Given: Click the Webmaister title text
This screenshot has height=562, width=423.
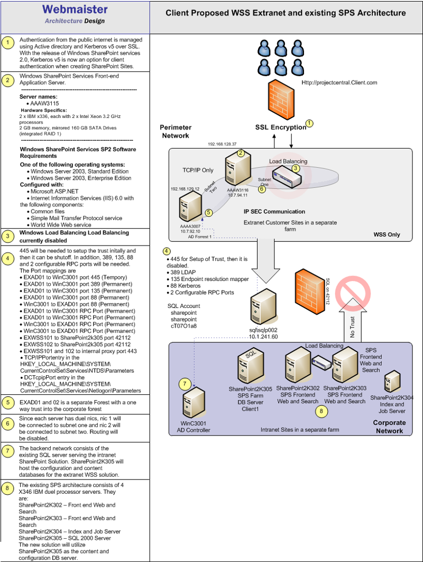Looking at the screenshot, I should tap(75, 10).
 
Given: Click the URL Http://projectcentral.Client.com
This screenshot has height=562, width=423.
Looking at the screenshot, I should tap(339, 83).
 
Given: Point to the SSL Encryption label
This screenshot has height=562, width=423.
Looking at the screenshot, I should tap(281, 127).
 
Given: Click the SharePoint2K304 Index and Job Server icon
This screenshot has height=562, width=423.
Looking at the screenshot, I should tap(392, 382).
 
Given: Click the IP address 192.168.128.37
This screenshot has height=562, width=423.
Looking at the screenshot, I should tap(222, 144).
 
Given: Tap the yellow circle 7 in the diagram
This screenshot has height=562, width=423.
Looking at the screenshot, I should tap(184, 383).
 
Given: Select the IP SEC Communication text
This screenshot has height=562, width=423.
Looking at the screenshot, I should tap(274, 212).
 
